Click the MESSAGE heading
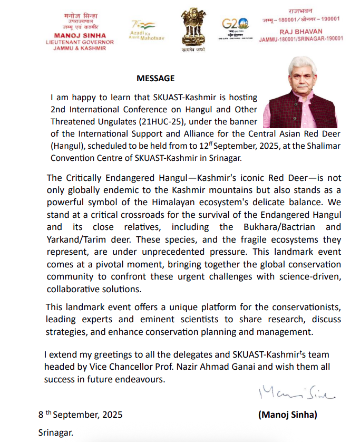155,79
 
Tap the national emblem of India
192,26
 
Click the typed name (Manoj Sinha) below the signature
288,415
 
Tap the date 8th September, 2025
80,415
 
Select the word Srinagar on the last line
55,433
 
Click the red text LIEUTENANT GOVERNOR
83,42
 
